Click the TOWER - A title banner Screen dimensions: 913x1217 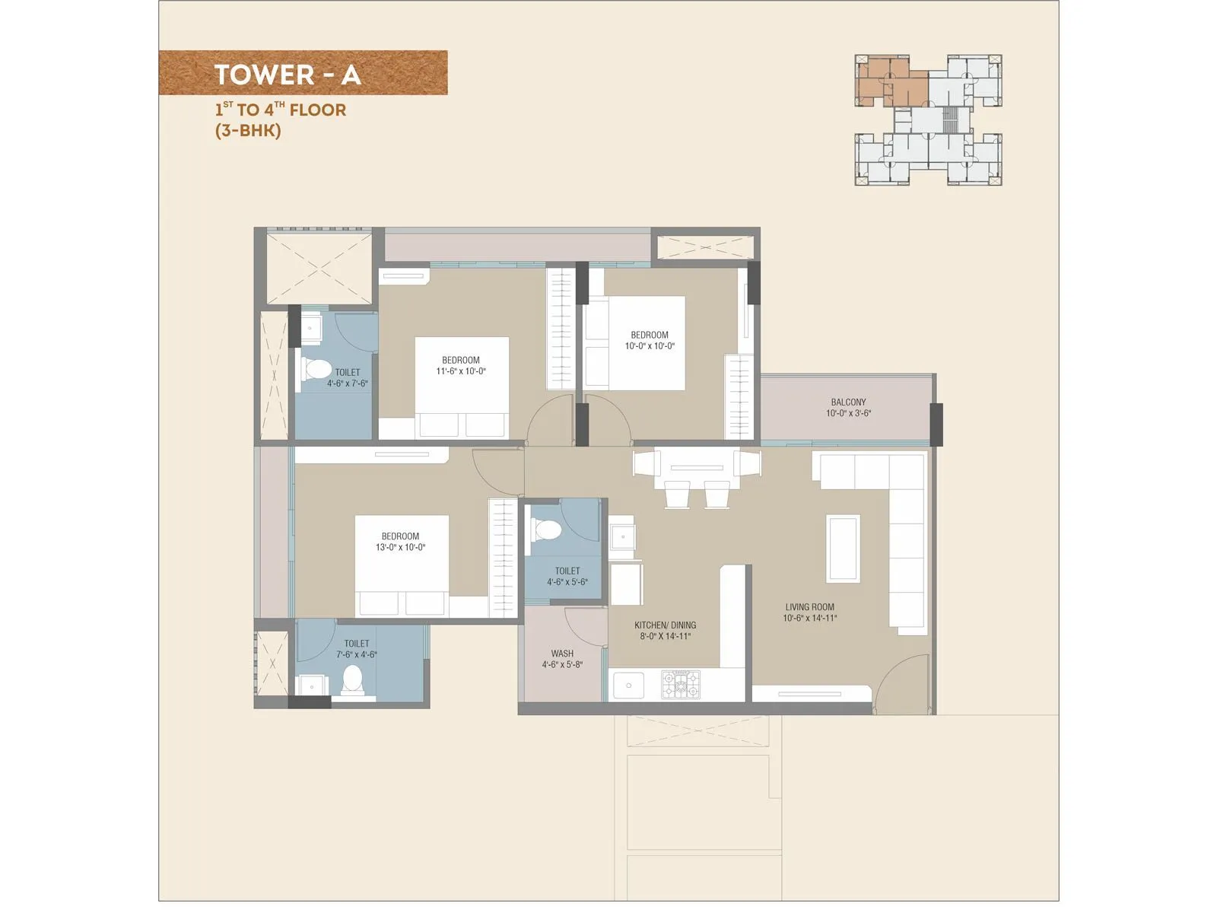303,73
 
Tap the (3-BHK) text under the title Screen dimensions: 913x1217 248,130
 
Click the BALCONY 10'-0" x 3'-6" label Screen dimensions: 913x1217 848,408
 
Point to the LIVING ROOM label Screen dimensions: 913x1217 809,612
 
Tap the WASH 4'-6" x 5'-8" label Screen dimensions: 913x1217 562,659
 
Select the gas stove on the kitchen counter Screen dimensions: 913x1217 680,685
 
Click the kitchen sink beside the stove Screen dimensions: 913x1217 629,686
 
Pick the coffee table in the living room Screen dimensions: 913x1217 843,548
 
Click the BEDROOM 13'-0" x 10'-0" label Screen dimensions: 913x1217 400,542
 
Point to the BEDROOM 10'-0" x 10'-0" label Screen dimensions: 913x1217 650,340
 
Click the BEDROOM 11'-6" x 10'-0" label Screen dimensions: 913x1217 461,366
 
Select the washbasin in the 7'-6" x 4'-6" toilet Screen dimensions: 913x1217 311,686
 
